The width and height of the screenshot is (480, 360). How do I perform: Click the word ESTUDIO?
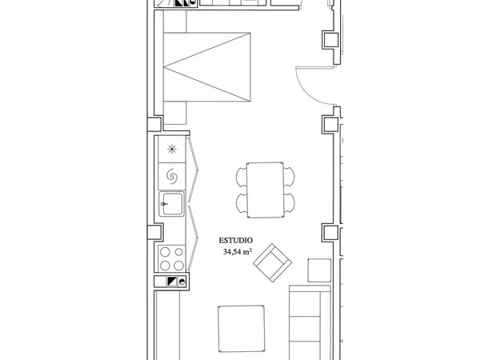point(236,241)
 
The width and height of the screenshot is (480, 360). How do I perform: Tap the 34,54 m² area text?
point(238,252)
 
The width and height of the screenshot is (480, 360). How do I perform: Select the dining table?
point(265,190)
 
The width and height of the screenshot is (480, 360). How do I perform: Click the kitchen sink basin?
point(172,204)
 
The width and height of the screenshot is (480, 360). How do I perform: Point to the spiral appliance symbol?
point(172,176)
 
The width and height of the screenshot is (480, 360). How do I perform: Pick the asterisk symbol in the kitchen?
point(172,150)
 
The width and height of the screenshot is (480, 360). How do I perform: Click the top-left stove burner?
point(165,252)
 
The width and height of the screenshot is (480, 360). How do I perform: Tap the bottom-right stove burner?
point(178,265)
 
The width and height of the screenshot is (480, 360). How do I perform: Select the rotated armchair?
point(272,262)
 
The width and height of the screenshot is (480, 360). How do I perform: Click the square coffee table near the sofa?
point(242,329)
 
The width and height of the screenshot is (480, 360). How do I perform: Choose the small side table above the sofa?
point(319,270)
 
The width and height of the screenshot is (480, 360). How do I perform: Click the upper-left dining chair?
point(242,176)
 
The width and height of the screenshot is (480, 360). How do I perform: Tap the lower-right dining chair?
point(290,203)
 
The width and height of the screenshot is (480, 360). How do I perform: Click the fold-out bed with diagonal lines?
point(207,67)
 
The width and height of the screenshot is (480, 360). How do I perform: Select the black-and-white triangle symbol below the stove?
point(172,282)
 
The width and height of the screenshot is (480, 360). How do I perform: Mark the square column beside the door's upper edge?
point(330,39)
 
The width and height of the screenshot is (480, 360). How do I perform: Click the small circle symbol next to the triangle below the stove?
point(182,282)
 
